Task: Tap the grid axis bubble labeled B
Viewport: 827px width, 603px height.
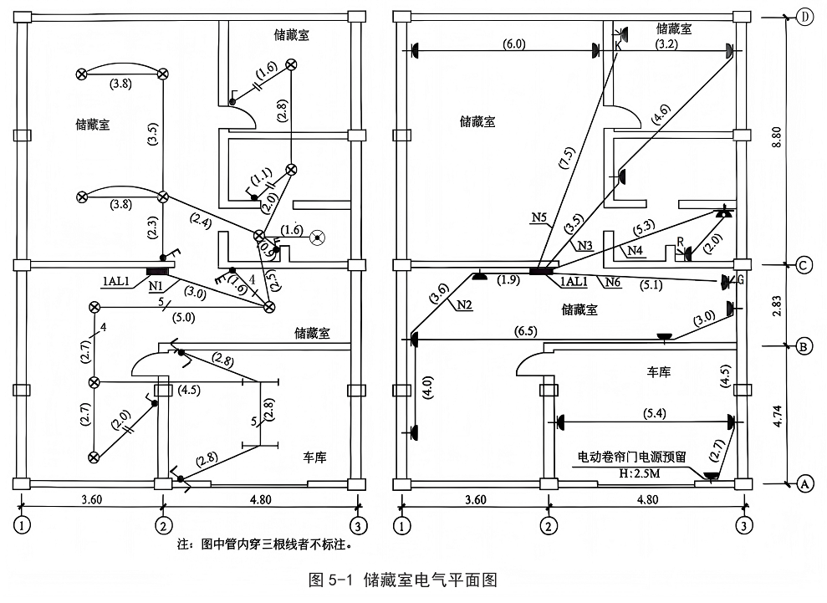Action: pos(804,346)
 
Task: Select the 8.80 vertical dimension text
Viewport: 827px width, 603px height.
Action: pos(777,136)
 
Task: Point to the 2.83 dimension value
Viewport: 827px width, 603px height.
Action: pos(777,305)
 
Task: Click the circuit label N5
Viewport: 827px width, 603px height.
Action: pos(539,217)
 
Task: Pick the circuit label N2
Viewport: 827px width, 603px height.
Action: pos(464,304)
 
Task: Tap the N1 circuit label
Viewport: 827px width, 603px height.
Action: pos(156,286)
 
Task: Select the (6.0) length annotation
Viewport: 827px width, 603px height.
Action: pos(513,43)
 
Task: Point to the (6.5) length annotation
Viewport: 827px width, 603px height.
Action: pos(525,331)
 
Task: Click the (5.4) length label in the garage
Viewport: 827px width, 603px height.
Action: pos(654,414)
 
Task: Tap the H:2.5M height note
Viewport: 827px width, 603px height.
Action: pos(639,473)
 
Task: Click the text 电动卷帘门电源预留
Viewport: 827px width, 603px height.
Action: pos(632,457)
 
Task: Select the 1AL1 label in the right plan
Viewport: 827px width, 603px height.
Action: pos(574,281)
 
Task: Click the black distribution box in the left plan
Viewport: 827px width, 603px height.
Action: pos(157,271)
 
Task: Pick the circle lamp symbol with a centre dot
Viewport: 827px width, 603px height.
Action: pos(317,238)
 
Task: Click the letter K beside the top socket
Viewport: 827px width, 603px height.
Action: pos(618,46)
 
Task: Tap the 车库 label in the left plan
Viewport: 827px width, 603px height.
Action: pos(314,457)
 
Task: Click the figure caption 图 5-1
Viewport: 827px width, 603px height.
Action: pos(329,580)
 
